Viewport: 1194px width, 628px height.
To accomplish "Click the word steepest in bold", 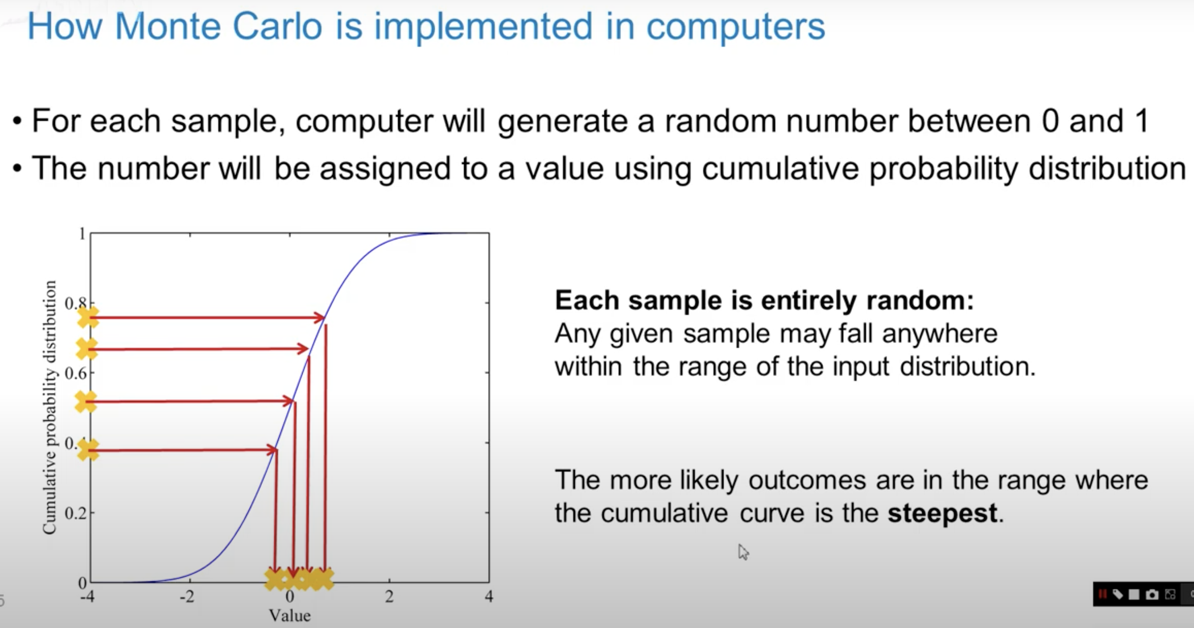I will (x=942, y=513).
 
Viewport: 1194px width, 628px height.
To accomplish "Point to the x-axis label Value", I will (x=290, y=616).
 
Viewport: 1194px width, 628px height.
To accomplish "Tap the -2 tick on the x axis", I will (x=187, y=596).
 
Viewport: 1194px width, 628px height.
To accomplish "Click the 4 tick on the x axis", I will (x=488, y=596).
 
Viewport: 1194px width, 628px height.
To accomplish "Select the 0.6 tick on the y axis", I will (x=76, y=373).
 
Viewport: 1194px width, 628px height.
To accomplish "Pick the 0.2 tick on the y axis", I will (x=76, y=513).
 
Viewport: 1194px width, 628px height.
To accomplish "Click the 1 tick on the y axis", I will (x=82, y=234).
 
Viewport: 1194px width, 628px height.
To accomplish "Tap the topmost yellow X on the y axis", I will (x=88, y=317).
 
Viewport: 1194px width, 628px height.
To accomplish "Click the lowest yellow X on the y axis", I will (x=88, y=450).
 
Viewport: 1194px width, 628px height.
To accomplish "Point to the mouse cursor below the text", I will (x=743, y=551).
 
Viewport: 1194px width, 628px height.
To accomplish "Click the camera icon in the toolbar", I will (x=1151, y=595).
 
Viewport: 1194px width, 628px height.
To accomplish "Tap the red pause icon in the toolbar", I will (x=1102, y=594).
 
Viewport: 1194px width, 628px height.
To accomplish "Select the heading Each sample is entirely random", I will (x=764, y=300).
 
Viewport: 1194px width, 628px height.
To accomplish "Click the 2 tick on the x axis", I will (x=389, y=596).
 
